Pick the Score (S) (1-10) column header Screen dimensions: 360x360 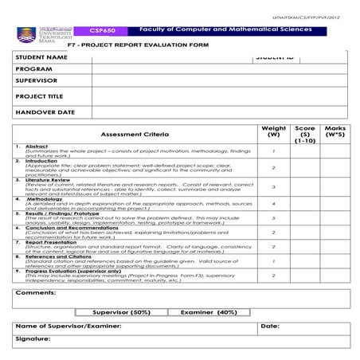[x=304, y=134]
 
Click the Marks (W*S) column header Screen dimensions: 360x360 [x=335, y=131]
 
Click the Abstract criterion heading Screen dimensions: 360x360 [x=37, y=147]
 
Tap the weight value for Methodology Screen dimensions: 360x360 [x=273, y=203]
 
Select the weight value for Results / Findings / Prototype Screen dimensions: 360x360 [x=273, y=217]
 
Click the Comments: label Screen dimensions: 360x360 [x=35, y=292]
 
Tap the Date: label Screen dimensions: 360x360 [x=269, y=327]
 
